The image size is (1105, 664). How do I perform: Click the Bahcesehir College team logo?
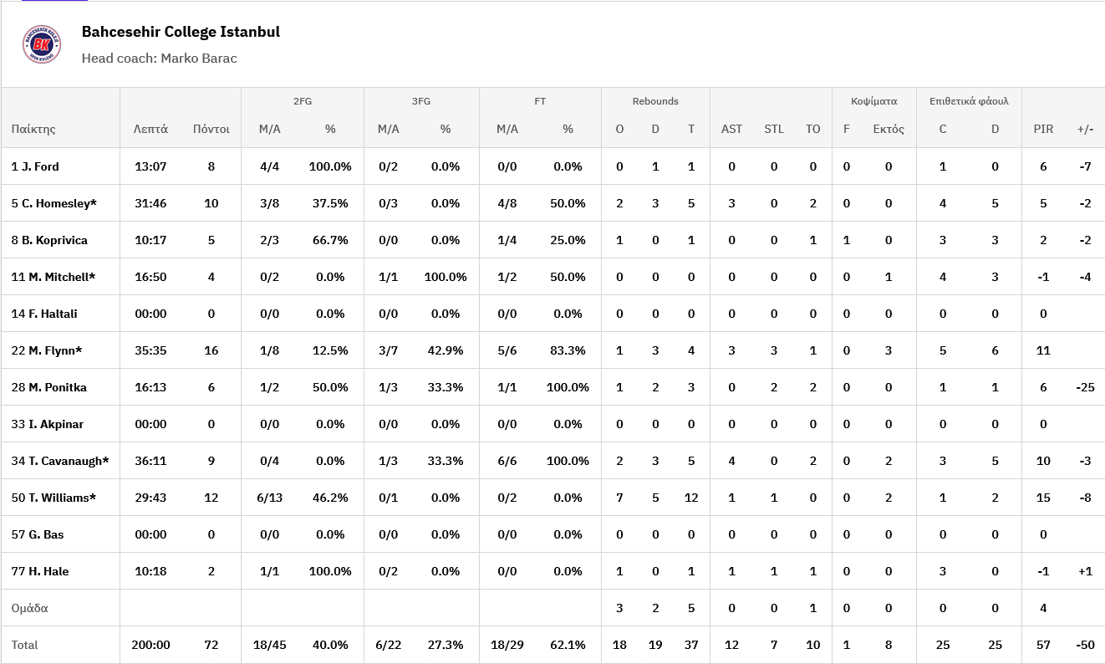(x=42, y=44)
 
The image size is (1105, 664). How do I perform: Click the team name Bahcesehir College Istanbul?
(x=181, y=33)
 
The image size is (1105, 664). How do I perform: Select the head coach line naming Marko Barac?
(x=159, y=59)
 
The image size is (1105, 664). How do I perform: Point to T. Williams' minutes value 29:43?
(x=150, y=498)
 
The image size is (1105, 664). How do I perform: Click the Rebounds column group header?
(x=655, y=101)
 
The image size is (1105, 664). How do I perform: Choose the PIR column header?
(x=1043, y=129)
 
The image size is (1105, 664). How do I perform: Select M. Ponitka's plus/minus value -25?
(x=1085, y=387)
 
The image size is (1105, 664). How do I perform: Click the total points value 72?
(x=211, y=645)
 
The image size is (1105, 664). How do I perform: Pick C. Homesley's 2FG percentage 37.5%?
(x=330, y=203)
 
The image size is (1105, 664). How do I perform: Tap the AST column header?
(x=731, y=129)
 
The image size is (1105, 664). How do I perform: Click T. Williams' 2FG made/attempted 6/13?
(x=269, y=498)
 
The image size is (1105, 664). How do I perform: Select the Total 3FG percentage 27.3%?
(x=446, y=645)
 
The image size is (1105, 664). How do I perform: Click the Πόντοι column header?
(x=211, y=129)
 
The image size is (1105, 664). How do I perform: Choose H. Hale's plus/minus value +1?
(x=1085, y=571)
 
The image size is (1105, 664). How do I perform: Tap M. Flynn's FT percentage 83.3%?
(x=568, y=350)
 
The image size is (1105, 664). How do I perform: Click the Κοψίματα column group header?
(x=873, y=101)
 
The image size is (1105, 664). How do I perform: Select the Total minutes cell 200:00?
(x=150, y=645)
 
